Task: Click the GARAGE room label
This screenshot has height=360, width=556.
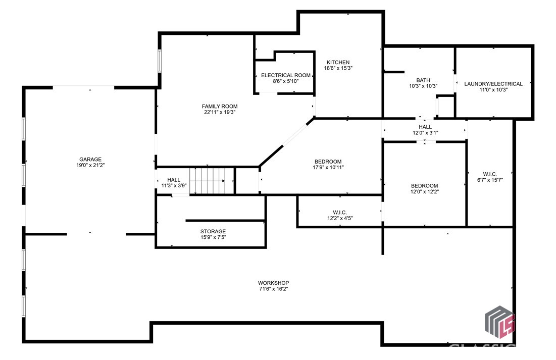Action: click(x=90, y=159)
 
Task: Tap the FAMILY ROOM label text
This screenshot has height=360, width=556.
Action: click(x=219, y=106)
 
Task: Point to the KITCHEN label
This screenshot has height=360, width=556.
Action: click(x=338, y=62)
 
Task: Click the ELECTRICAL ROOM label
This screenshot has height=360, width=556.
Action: click(x=285, y=75)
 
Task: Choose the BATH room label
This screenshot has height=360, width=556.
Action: click(x=423, y=80)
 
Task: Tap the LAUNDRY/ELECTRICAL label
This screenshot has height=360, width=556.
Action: click(x=493, y=84)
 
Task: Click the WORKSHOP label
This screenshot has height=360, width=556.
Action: click(x=273, y=283)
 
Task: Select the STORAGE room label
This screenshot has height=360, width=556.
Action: click(x=213, y=231)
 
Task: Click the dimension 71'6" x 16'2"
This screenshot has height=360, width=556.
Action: click(x=273, y=289)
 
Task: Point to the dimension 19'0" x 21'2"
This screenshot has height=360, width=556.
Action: click(x=90, y=165)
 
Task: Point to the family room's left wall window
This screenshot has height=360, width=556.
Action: click(x=160, y=61)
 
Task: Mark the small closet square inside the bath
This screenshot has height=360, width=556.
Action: click(x=444, y=106)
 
